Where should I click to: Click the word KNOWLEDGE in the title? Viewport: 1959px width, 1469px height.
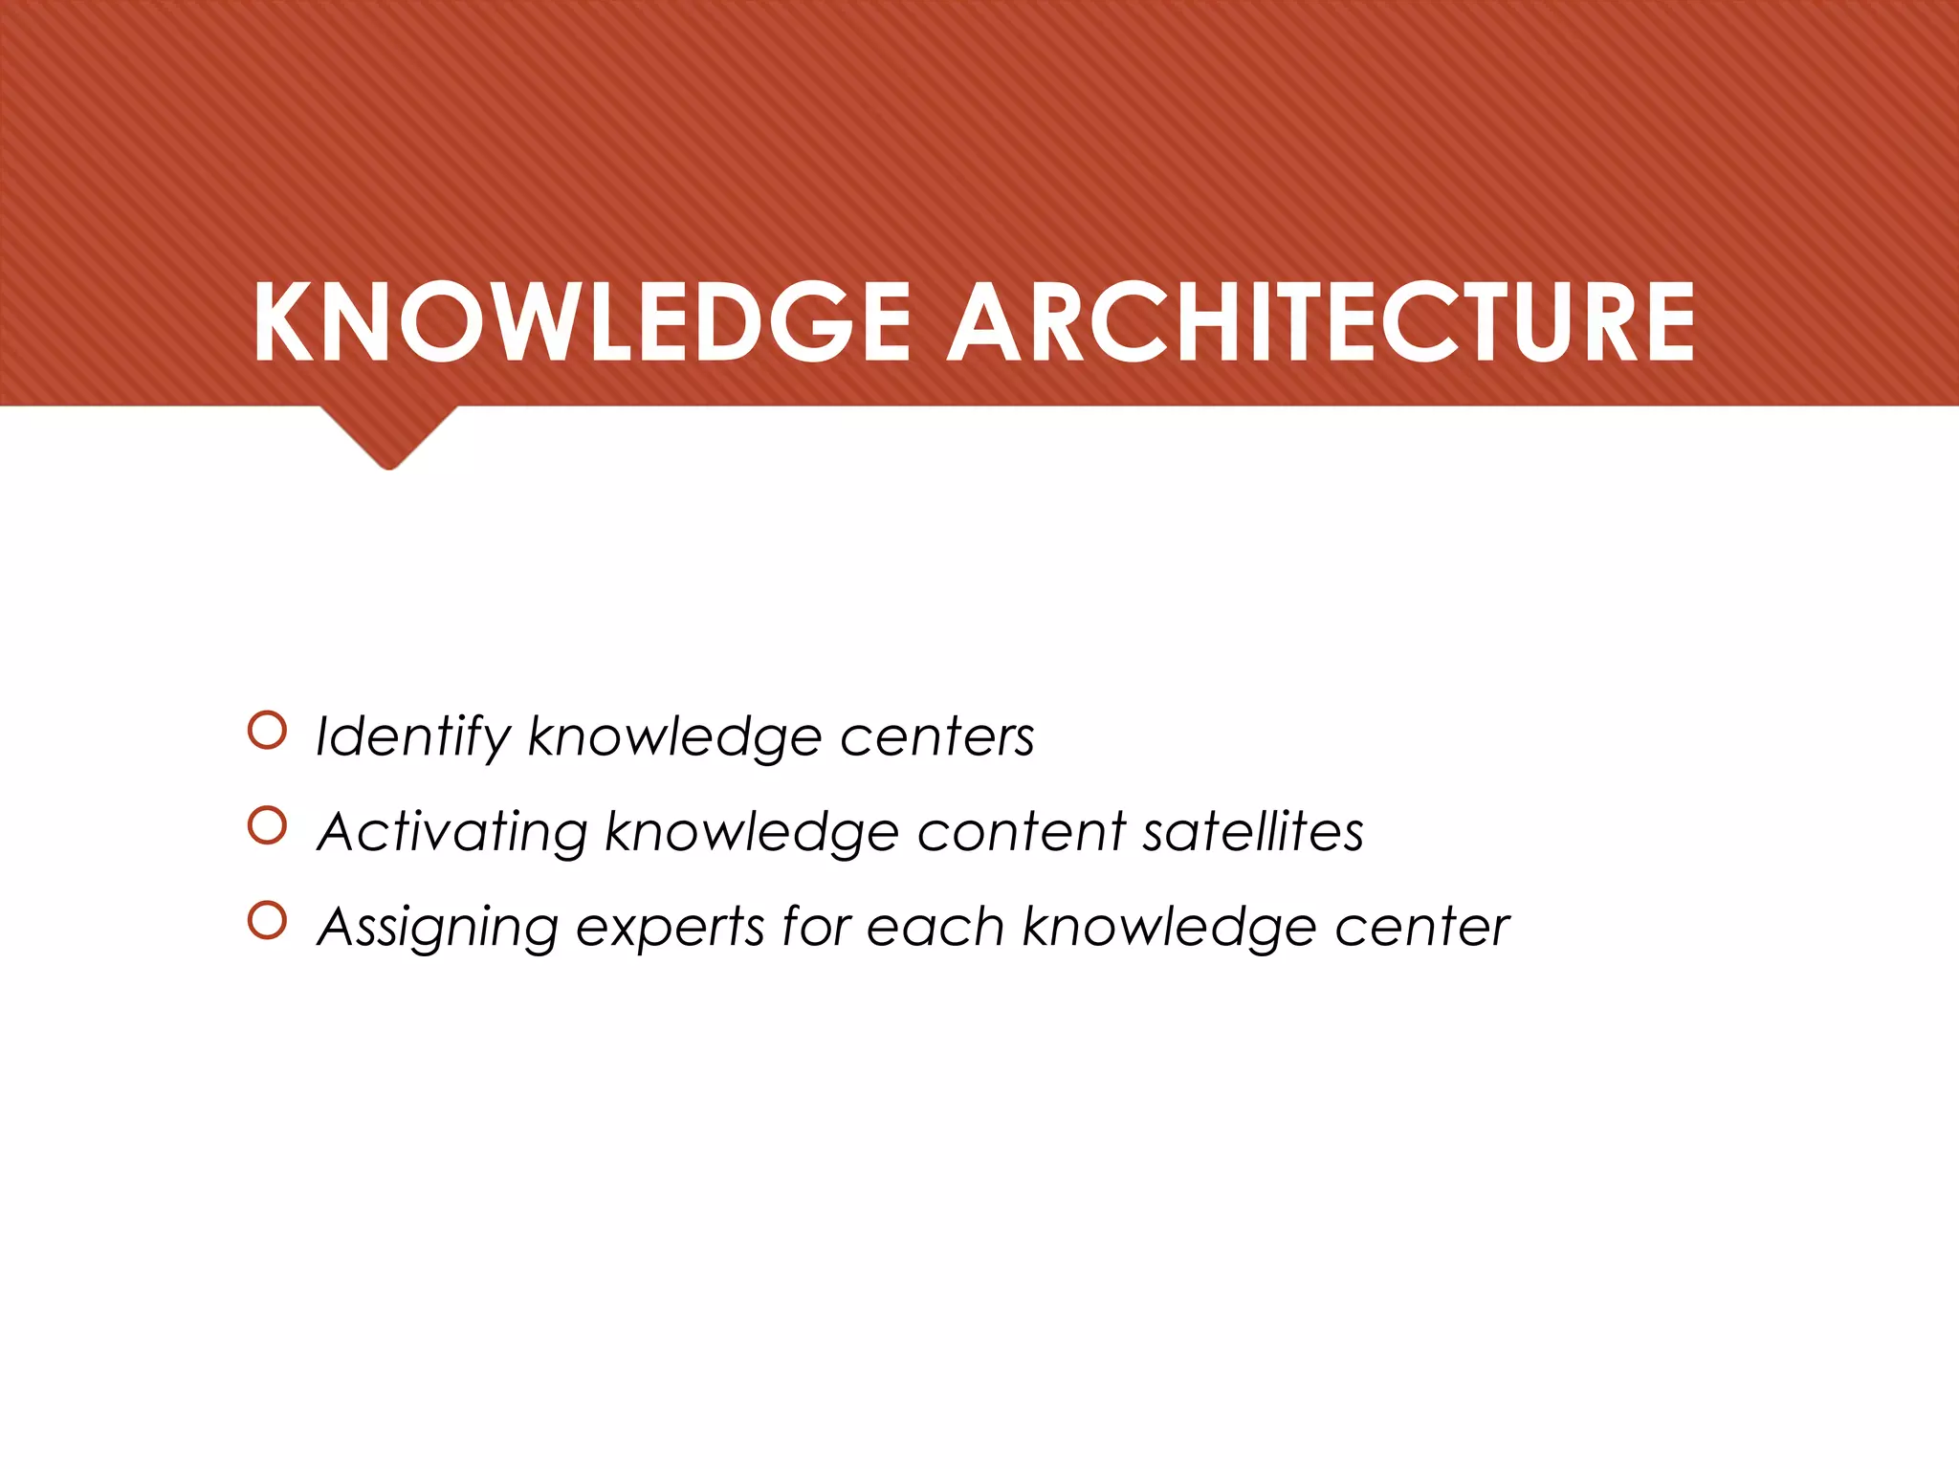tap(582, 322)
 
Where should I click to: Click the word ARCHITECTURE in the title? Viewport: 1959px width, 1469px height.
tap(1321, 322)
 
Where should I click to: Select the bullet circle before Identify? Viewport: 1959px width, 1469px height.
tap(267, 731)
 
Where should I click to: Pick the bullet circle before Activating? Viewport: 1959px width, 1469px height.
tap(267, 826)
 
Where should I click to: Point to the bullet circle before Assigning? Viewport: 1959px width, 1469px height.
tap(267, 921)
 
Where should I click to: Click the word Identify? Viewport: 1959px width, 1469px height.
tap(413, 737)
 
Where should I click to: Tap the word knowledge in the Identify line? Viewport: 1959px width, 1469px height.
tap(674, 737)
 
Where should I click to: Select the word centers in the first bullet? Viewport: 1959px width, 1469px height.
tap(937, 737)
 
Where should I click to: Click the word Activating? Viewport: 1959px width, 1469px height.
tap(452, 832)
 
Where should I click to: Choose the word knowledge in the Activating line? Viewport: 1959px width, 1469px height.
tap(752, 832)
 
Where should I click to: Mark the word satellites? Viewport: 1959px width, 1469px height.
tap(1253, 832)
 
